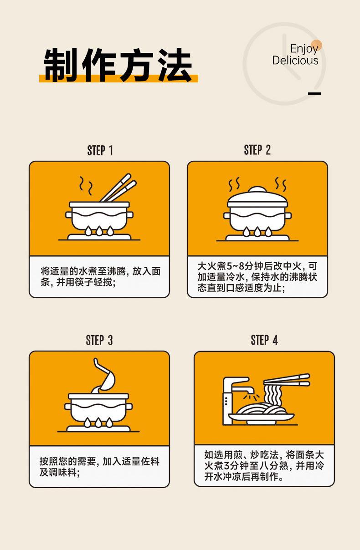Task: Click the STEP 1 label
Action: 100,151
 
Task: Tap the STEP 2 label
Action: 257,150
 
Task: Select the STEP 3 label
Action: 99,340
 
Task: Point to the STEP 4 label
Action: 264,340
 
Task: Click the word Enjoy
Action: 304,49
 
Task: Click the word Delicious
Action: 295,61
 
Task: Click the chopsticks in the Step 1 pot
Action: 119,187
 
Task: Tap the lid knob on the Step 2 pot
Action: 257,189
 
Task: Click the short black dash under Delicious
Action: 314,94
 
